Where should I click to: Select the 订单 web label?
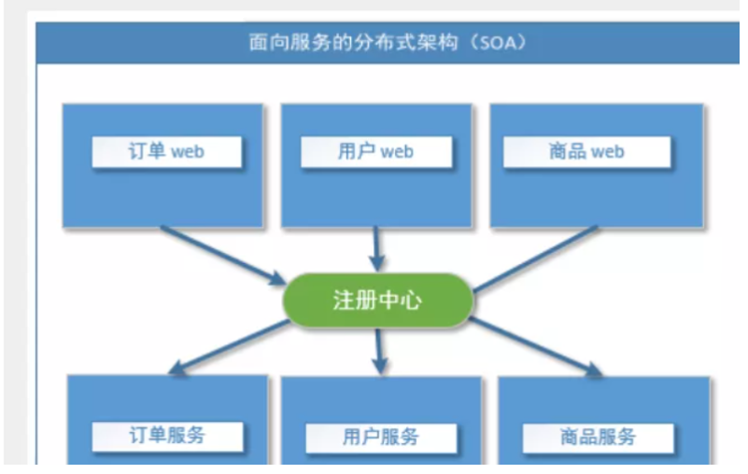point(166,151)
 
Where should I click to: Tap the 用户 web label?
point(375,151)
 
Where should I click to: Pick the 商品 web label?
point(586,151)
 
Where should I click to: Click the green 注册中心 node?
point(377,300)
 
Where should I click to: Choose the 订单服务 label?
point(167,435)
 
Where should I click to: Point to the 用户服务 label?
point(380,437)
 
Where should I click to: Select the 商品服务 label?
point(598,437)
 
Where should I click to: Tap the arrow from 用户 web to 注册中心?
point(376,247)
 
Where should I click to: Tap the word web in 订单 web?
point(188,151)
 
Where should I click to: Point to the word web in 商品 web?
point(607,151)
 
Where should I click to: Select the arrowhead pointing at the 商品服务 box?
point(594,370)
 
